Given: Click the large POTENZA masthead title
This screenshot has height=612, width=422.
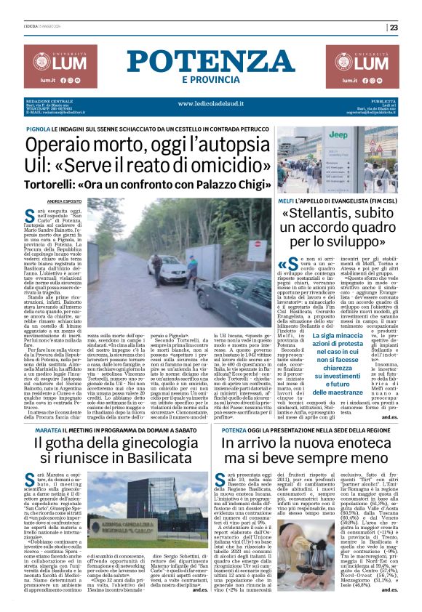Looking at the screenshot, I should (x=210, y=61).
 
